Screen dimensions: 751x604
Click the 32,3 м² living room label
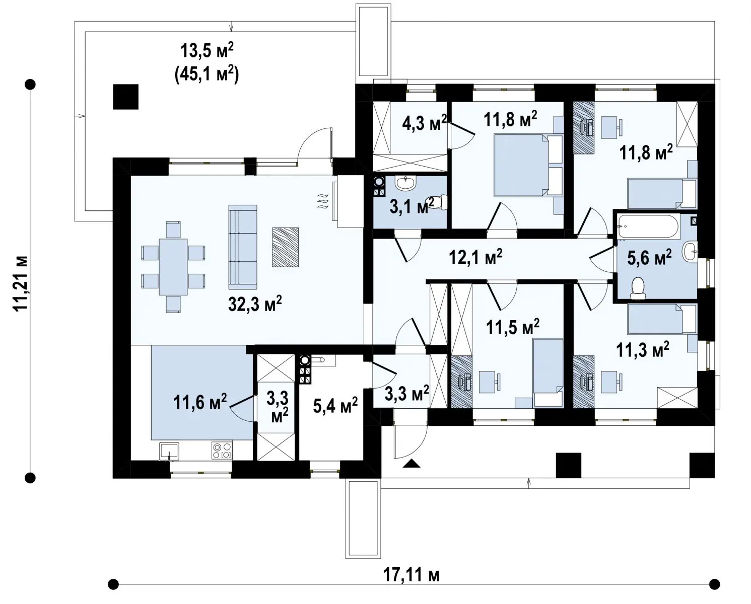pos(255,304)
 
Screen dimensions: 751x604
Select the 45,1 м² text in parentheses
pos(207,74)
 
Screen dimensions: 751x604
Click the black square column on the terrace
pos(125,97)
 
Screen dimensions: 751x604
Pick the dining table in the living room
pos(173,267)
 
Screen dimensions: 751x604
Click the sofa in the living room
pos(243,247)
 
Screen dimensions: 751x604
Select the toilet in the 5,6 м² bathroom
pos(638,288)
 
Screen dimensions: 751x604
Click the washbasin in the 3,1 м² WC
pos(405,183)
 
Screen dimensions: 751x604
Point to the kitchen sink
pos(169,451)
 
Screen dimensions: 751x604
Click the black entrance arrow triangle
pos(412,463)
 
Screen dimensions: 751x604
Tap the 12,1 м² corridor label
pos(475,257)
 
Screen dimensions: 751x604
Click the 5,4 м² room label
pos(335,405)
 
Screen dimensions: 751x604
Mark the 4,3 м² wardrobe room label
pos(425,122)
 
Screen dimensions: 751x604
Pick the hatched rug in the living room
pos(286,247)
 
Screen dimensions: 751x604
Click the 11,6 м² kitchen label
pos(200,402)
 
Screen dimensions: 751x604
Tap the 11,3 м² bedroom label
pos(643,350)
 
